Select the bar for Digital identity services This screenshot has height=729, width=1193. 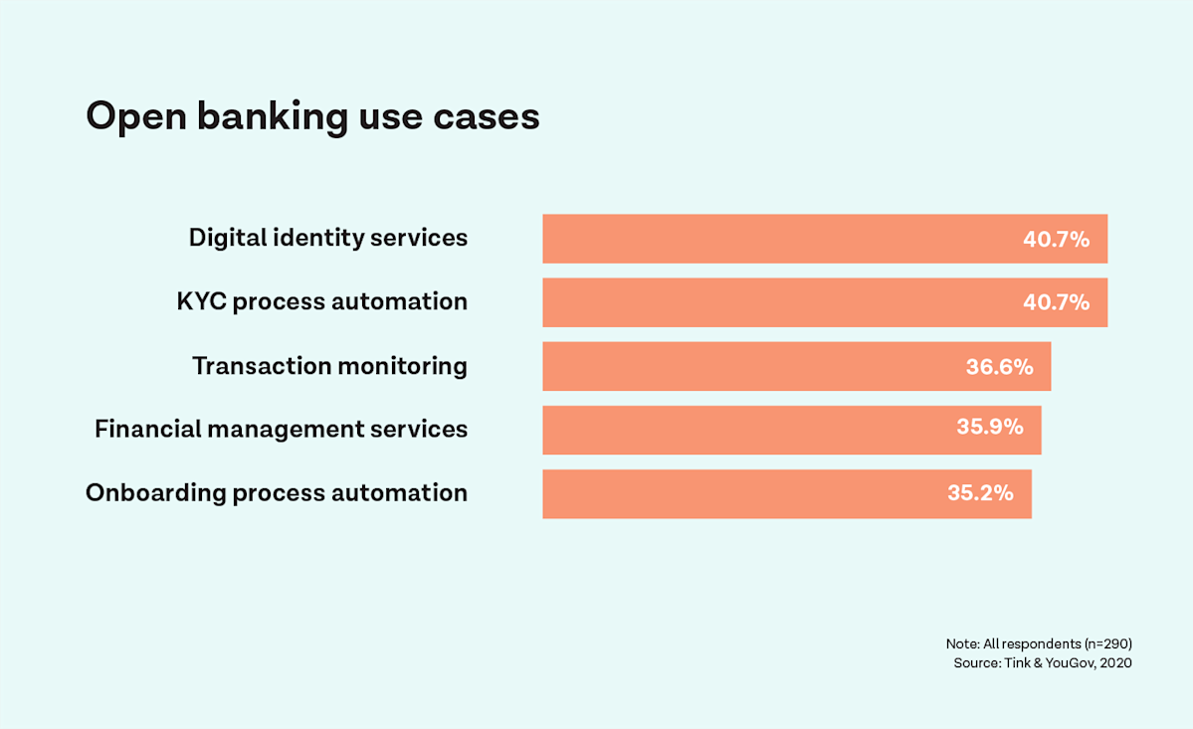[x=776, y=239]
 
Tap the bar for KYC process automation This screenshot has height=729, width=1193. [x=776, y=302]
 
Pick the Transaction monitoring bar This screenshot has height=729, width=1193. [x=746, y=366]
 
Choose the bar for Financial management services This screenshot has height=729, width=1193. [x=741, y=430]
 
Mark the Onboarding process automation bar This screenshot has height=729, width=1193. [x=736, y=493]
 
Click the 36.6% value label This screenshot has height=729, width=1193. [x=999, y=367]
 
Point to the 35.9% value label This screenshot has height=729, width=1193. [x=989, y=428]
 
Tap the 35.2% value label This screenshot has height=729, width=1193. [x=980, y=492]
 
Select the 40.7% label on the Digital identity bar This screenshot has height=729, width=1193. [x=1056, y=240]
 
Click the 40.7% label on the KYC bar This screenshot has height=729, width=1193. [x=1056, y=302]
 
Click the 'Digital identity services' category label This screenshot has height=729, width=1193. [x=327, y=239]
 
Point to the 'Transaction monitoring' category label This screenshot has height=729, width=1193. [x=329, y=366]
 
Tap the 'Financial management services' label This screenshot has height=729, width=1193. [x=281, y=430]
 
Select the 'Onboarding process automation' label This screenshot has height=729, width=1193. [x=276, y=493]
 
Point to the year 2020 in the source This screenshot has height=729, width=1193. [x=1115, y=663]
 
